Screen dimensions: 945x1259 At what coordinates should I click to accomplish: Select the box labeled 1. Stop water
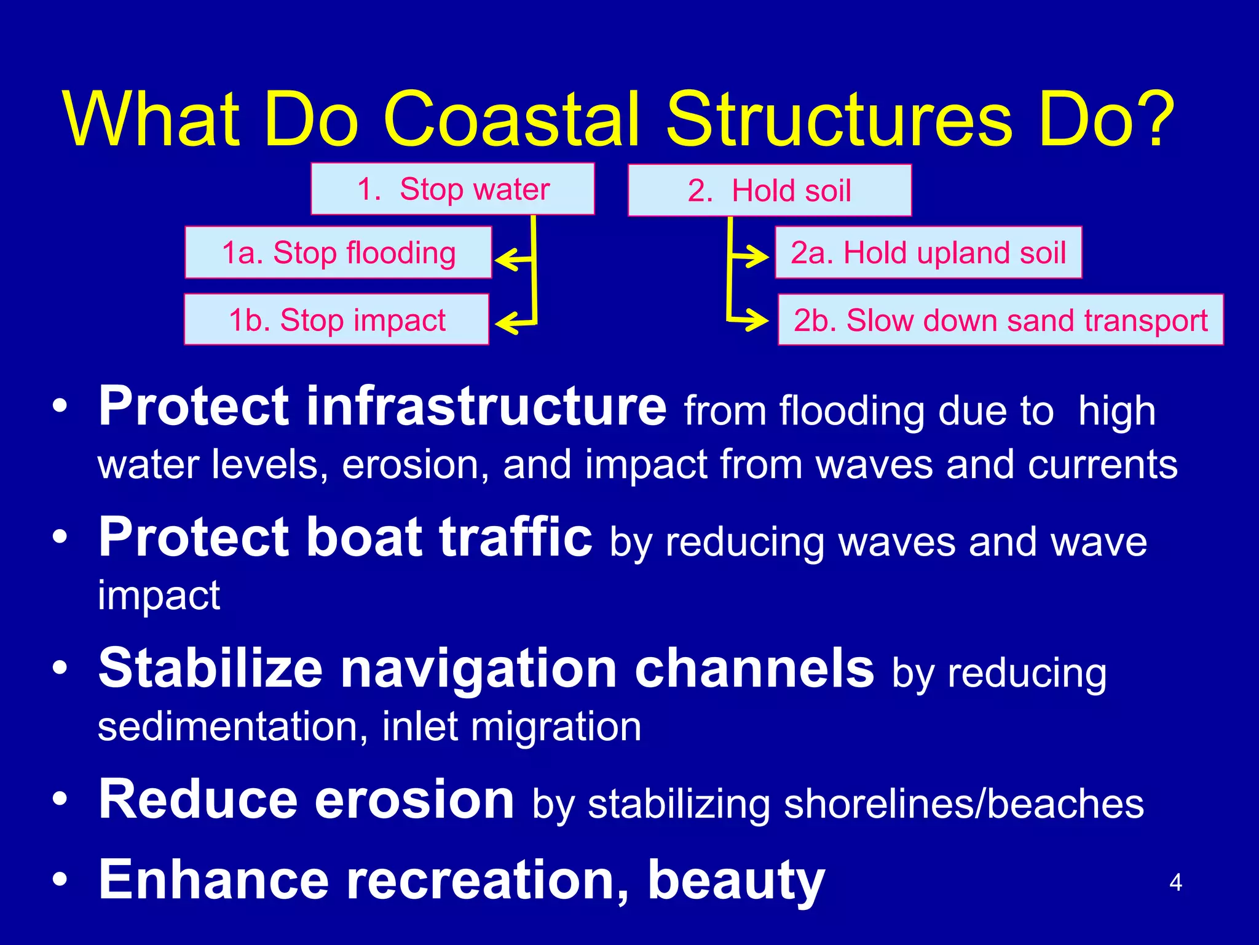tap(452, 189)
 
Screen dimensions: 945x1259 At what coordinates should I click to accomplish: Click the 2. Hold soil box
tap(769, 190)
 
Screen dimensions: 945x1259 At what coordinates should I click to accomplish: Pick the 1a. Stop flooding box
tap(338, 253)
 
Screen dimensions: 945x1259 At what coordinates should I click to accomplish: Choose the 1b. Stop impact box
tap(336, 320)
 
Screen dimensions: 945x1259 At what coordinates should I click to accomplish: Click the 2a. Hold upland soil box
tap(928, 253)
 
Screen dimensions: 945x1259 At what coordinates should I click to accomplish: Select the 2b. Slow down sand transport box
tap(1000, 320)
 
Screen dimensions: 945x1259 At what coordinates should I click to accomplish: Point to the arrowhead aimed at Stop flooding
tap(504, 260)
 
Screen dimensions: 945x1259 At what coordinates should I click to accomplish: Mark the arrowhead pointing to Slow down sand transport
tap(761, 320)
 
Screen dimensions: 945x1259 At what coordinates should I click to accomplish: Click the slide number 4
tap(1175, 883)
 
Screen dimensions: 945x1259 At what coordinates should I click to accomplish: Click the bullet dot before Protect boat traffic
tap(60, 537)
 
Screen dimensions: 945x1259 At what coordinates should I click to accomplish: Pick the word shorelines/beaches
tap(964, 804)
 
